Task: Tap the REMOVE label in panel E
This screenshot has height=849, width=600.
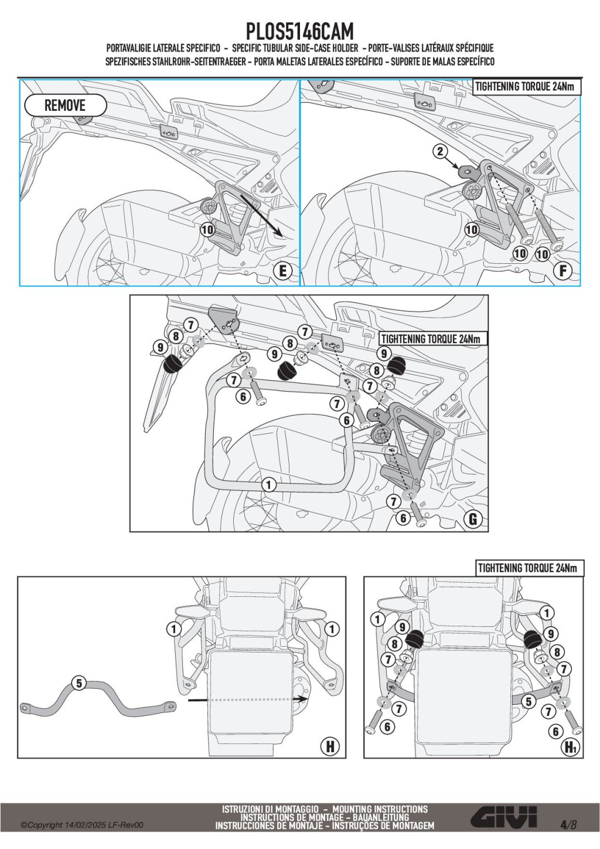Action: [x=65, y=106]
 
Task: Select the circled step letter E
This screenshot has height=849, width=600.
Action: [x=283, y=271]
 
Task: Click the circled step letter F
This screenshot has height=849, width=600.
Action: [x=562, y=271]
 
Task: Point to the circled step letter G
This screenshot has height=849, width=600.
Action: [x=472, y=518]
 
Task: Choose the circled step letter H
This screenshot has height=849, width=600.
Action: [x=330, y=746]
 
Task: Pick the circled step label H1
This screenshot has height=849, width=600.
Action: [x=570, y=746]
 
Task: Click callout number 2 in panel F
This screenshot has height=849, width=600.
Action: [x=440, y=151]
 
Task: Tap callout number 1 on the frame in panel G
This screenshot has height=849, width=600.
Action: [x=268, y=484]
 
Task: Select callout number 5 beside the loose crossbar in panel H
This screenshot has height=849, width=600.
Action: [x=79, y=683]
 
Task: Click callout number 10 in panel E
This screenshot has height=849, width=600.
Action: [x=207, y=229]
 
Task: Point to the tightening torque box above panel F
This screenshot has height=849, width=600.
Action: [x=526, y=87]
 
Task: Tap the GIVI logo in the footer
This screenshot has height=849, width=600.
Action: [x=504, y=817]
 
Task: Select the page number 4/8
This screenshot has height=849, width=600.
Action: [x=568, y=824]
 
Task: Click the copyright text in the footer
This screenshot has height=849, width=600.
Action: [x=82, y=825]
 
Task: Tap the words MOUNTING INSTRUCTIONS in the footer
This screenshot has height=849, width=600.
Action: [x=380, y=809]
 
